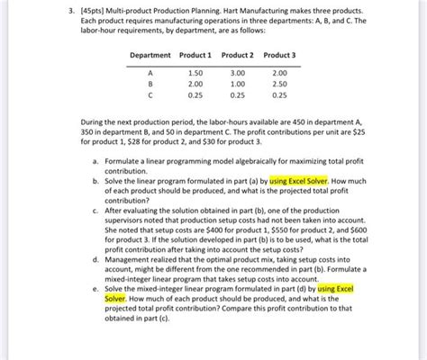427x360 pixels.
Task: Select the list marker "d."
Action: [x=95, y=258]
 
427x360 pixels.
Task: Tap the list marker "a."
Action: [x=95, y=160]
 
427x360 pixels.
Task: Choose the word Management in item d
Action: [x=131, y=258]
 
